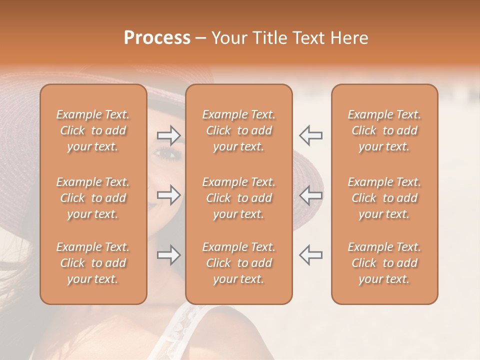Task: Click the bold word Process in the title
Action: [x=157, y=38]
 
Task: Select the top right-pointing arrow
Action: [x=168, y=135]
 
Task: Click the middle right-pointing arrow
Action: [x=168, y=195]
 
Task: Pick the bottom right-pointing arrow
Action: [x=168, y=255]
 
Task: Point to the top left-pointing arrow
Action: [x=311, y=135]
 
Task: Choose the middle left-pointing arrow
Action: [x=311, y=195]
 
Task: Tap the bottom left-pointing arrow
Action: [x=311, y=255]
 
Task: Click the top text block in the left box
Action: [x=93, y=130]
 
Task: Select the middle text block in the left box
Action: [x=93, y=198]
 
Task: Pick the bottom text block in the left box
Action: [x=93, y=263]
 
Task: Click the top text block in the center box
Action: [x=239, y=130]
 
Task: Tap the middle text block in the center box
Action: [x=239, y=198]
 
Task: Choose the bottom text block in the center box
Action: [x=239, y=263]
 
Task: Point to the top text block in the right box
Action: [x=384, y=130]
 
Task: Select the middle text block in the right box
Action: [x=384, y=198]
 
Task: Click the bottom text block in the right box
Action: [x=384, y=263]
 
